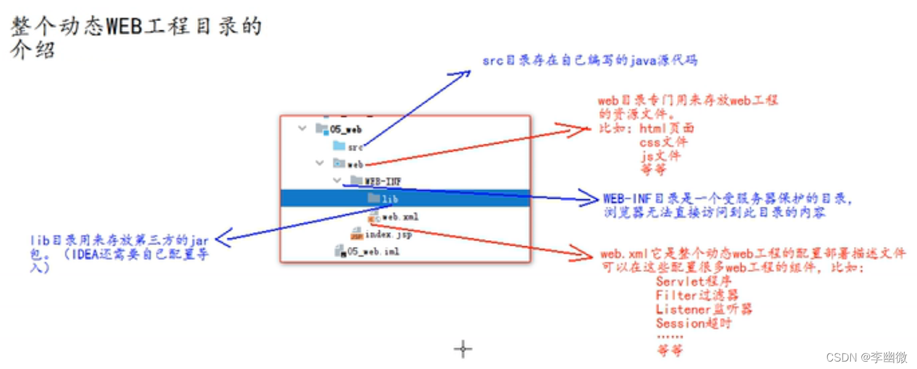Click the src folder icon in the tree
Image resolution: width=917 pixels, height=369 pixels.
click(x=338, y=146)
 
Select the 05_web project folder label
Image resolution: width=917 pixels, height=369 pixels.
click(x=346, y=129)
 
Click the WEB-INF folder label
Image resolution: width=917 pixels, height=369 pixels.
click(x=383, y=181)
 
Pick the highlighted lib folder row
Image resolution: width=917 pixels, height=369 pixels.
click(x=405, y=198)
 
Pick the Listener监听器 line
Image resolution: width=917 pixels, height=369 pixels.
click(x=704, y=309)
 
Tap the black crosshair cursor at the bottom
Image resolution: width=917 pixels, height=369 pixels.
click(x=463, y=349)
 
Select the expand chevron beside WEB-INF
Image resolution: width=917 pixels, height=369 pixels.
click(x=337, y=180)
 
